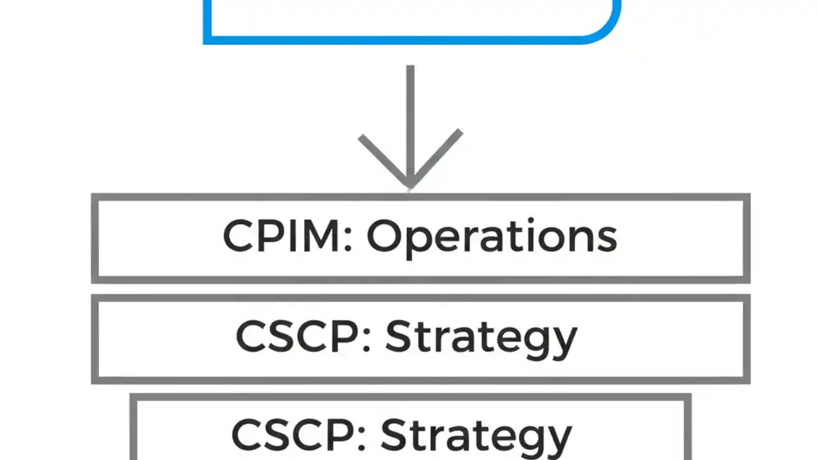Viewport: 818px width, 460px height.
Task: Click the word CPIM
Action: (x=282, y=236)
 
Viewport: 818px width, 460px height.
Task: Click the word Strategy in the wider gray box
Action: (x=481, y=337)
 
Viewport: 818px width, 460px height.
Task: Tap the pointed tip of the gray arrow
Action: (x=410, y=186)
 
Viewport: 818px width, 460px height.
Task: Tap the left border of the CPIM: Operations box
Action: (x=95, y=238)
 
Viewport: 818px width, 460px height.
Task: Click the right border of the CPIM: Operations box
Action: (x=746, y=238)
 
